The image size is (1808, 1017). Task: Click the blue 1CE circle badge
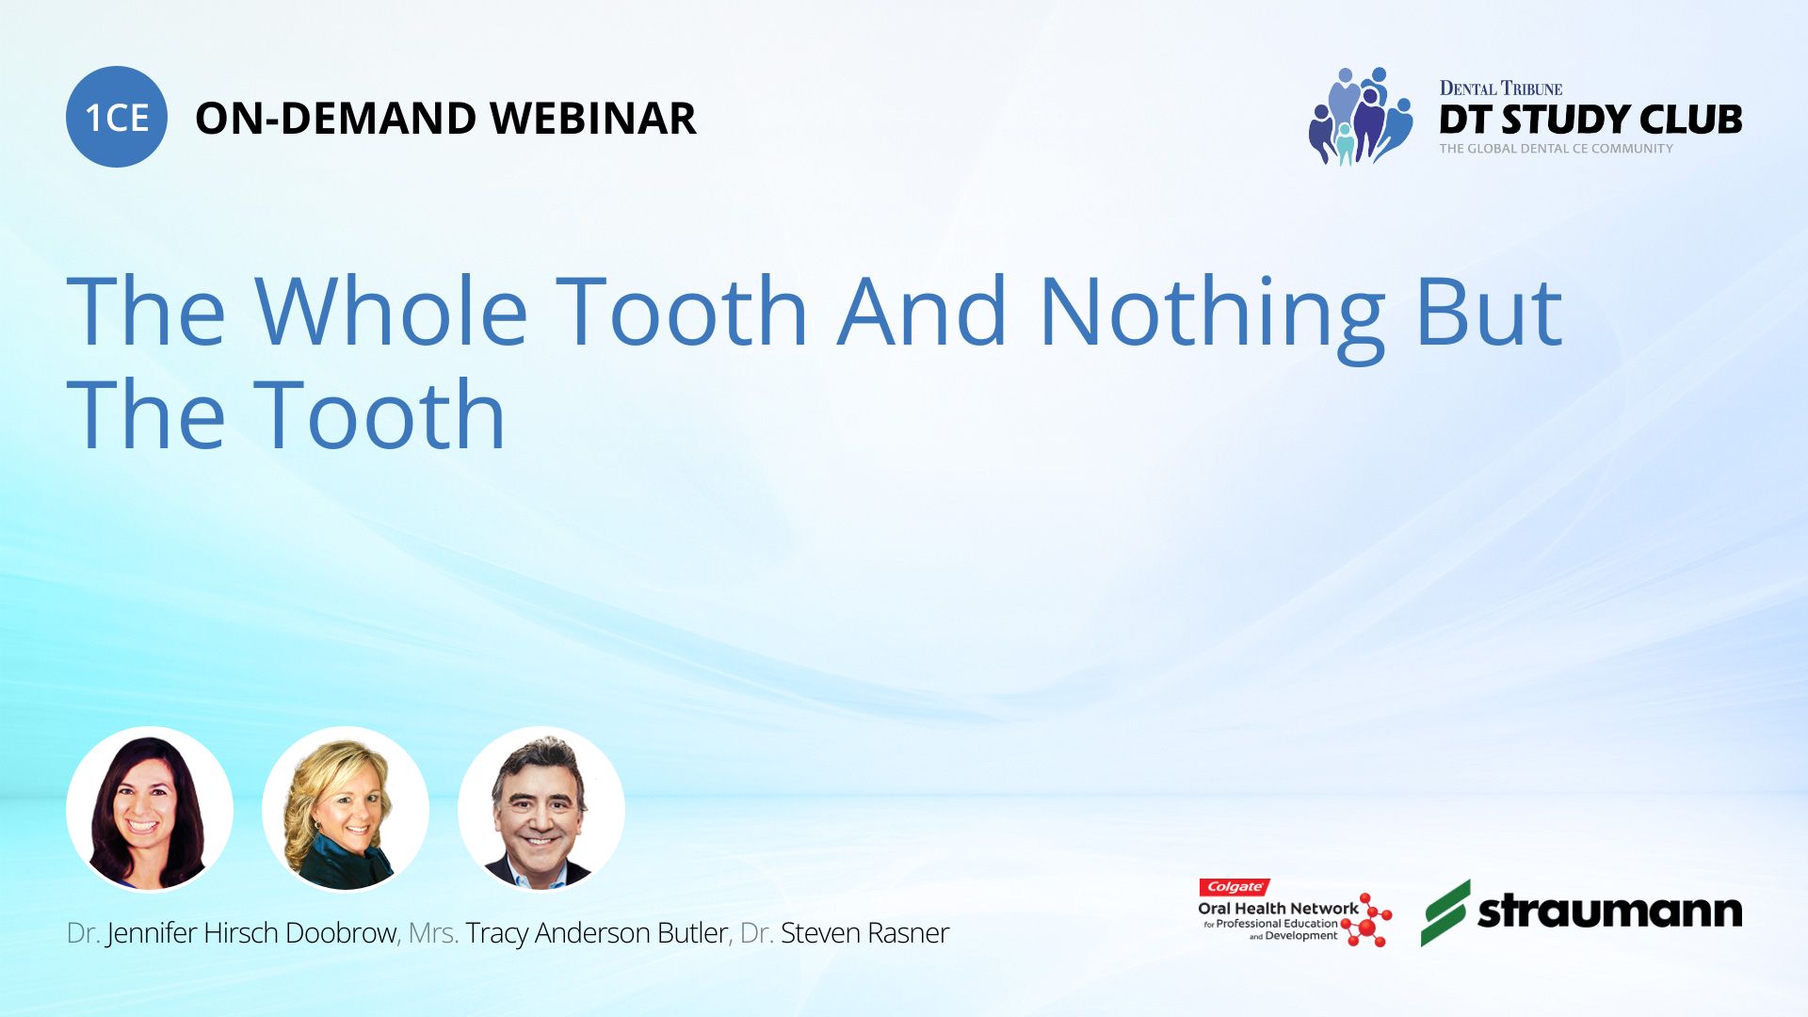pos(117,117)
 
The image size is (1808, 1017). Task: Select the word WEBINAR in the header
pos(593,119)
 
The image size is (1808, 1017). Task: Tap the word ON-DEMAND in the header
pos(335,119)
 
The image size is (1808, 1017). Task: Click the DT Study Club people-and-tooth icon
pos(1361,117)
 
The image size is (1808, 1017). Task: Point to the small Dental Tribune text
pos(1501,89)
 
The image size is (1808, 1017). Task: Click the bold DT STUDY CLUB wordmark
pos(1590,120)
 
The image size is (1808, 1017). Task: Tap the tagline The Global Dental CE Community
pos(1557,149)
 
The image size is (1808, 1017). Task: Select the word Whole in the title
pos(391,311)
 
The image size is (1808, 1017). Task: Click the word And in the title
pos(923,311)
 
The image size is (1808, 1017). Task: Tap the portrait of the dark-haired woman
pos(150,809)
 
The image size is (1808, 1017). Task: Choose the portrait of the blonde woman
pos(346,809)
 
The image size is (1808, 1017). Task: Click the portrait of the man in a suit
pos(541,809)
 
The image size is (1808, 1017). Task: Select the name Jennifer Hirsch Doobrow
pos(251,933)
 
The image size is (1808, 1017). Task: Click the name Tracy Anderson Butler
pos(596,933)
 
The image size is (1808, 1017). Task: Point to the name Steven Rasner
pos(864,933)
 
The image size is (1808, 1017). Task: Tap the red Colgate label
pos(1235,887)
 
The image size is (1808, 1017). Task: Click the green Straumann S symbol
pos(1445,912)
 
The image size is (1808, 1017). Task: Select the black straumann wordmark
pos(1610,911)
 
